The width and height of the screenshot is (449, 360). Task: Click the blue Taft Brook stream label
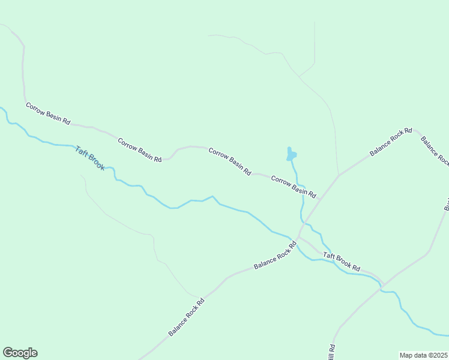(x=89, y=158)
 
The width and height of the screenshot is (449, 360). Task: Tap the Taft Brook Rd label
(x=341, y=262)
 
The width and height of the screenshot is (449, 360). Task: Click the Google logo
(x=20, y=353)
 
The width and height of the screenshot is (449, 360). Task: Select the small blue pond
(x=291, y=155)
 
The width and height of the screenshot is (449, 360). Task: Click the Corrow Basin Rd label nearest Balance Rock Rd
(x=293, y=187)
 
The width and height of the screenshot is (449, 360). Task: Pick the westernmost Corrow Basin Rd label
(x=47, y=113)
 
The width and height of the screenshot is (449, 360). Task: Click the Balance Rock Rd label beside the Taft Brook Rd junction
(x=275, y=255)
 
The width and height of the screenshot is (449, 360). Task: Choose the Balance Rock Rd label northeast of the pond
(x=390, y=142)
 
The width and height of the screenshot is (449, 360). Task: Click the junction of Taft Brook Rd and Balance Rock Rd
(x=298, y=236)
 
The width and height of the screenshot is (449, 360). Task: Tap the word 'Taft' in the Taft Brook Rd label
(x=328, y=257)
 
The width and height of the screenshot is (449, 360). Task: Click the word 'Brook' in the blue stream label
(x=96, y=161)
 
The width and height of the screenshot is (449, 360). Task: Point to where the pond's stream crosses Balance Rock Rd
(x=304, y=224)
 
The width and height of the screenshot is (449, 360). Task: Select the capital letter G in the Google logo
(x=8, y=352)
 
